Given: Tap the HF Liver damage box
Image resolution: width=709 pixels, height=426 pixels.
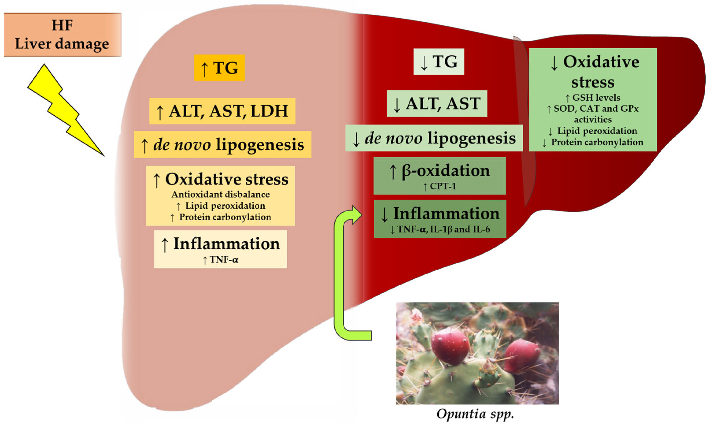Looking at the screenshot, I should [x=62, y=35].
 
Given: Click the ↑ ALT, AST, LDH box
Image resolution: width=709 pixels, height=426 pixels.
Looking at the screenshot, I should [x=222, y=111].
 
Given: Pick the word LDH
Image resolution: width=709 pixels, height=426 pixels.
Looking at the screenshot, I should [x=269, y=111].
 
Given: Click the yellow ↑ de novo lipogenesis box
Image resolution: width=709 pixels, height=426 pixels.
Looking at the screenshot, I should [x=223, y=144].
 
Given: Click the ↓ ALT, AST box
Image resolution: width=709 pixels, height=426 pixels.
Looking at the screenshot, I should [x=437, y=104].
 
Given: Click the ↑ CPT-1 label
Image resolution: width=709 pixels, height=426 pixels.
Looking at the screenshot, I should [x=439, y=186].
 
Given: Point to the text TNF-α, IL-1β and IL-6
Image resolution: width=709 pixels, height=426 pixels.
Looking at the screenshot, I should [x=443, y=229].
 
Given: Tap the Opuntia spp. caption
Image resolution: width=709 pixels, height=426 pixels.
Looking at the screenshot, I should [x=475, y=414].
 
